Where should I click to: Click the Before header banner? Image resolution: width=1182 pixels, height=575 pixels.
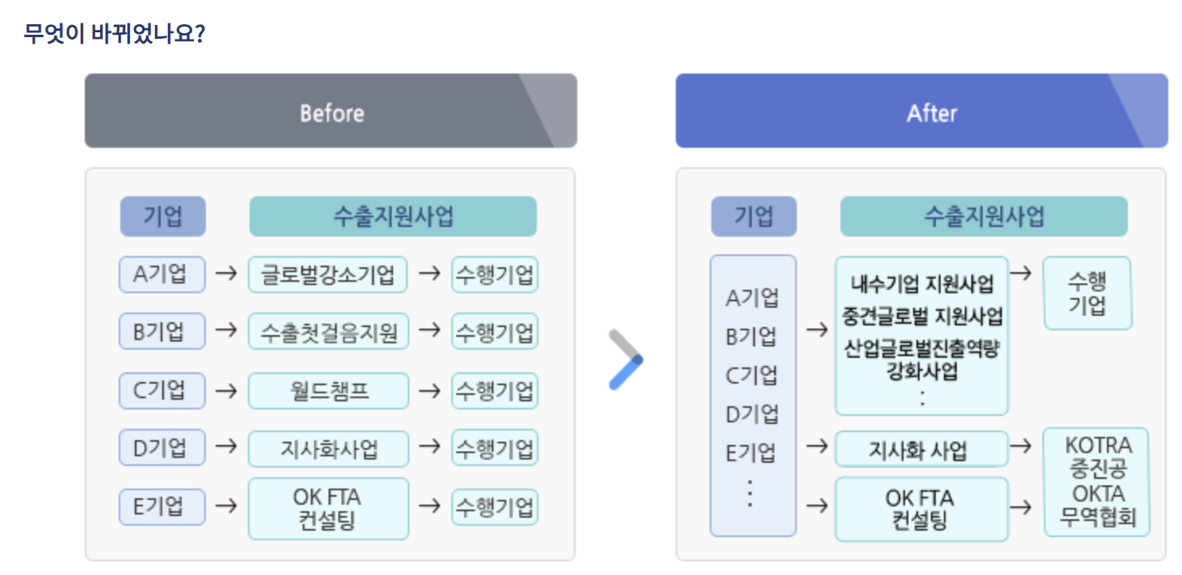(x=331, y=111)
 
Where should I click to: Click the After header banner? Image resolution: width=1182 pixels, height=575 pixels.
(x=921, y=111)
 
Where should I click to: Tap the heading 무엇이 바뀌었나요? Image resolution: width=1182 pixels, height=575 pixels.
(x=114, y=35)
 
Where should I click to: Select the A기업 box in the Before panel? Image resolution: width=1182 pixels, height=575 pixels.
(x=161, y=274)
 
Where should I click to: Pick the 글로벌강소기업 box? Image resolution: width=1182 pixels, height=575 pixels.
(x=328, y=274)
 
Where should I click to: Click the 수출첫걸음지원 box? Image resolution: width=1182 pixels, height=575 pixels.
(x=328, y=331)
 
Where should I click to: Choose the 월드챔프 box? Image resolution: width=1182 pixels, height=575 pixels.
(x=328, y=391)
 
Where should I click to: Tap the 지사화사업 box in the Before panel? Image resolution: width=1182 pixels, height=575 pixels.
(x=328, y=448)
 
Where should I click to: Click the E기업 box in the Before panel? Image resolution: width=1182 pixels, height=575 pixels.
(x=161, y=506)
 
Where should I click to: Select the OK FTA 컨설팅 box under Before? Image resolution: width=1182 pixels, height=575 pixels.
(x=328, y=508)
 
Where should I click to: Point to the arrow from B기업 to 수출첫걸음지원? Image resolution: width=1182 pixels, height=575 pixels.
(x=227, y=331)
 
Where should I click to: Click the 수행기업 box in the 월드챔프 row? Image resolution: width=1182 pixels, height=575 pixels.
(x=494, y=391)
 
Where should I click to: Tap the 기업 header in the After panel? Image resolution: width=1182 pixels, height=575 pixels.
(x=753, y=216)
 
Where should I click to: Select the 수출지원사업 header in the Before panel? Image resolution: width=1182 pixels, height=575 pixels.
(x=392, y=216)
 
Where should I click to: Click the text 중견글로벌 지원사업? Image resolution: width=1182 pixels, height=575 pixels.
(x=922, y=316)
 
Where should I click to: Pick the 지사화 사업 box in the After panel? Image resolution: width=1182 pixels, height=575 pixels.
(x=921, y=449)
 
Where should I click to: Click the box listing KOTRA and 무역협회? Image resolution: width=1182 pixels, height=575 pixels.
(x=1096, y=481)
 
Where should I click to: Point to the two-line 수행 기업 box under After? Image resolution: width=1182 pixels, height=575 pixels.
(x=1087, y=293)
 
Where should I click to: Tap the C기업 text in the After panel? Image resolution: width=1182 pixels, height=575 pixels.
(x=752, y=376)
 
